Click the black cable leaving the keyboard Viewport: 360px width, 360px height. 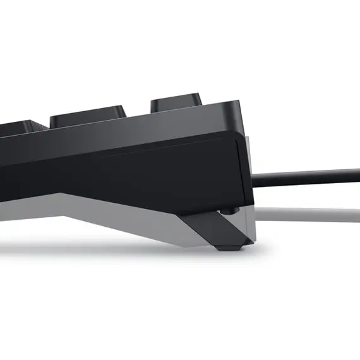pyautogui.click(x=303, y=175)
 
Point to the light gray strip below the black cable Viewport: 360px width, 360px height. pyautogui.click(x=303, y=214)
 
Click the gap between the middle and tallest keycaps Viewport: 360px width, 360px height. pyautogui.click(x=139, y=114)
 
